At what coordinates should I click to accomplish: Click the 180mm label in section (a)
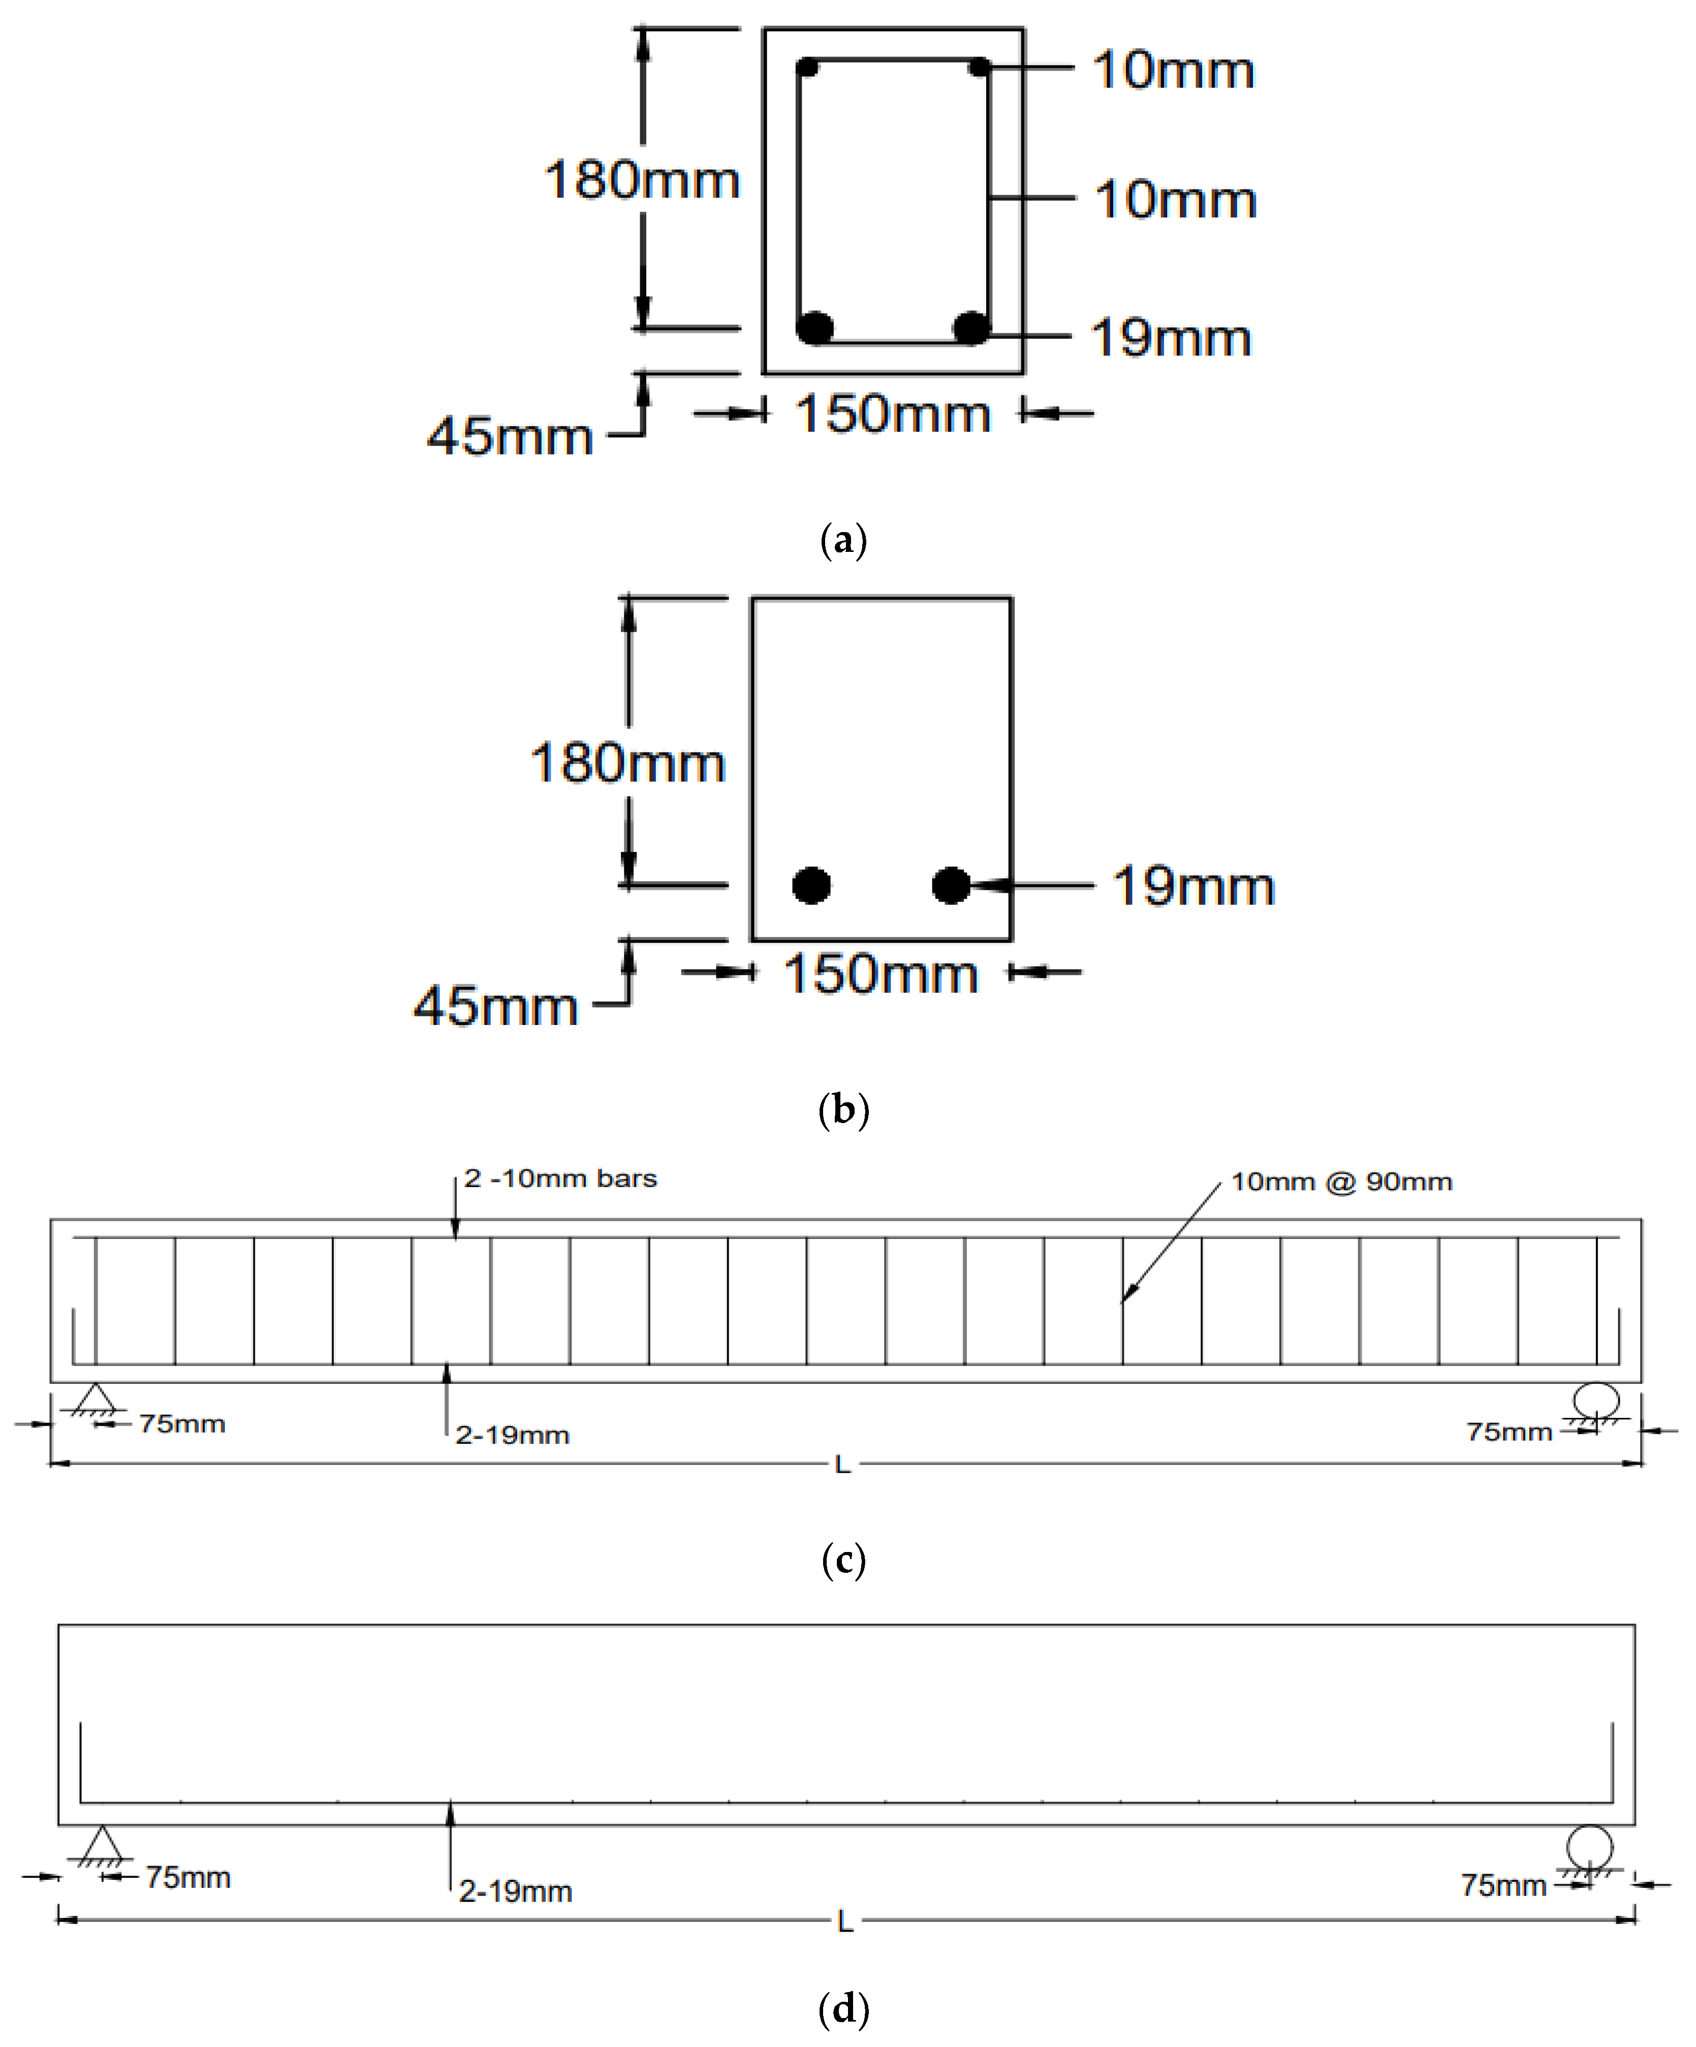[641, 180]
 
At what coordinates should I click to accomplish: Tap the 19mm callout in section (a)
[1171, 338]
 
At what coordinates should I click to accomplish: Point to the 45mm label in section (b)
[496, 1006]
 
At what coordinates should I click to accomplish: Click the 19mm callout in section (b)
[1193, 886]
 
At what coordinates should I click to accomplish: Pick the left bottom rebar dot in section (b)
[811, 885]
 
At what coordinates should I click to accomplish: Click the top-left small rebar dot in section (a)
[807, 67]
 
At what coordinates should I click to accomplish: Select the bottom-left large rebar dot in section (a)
[815, 327]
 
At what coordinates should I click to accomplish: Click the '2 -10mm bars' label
[560, 1178]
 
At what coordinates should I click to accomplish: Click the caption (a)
[844, 539]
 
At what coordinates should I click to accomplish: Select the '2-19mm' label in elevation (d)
[516, 1892]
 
